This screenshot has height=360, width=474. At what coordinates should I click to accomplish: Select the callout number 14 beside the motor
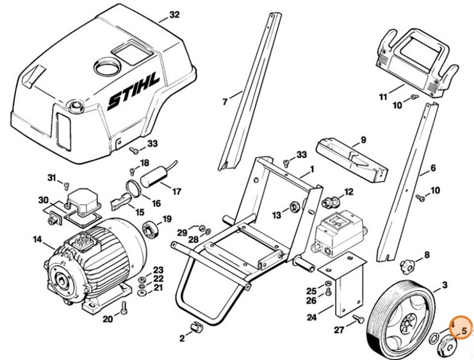coord(37,240)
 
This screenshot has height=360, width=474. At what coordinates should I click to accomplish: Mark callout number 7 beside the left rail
coord(225,101)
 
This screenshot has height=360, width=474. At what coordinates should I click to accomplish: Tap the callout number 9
coord(363,140)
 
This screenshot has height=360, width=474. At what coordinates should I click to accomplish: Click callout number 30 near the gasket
coord(43,200)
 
